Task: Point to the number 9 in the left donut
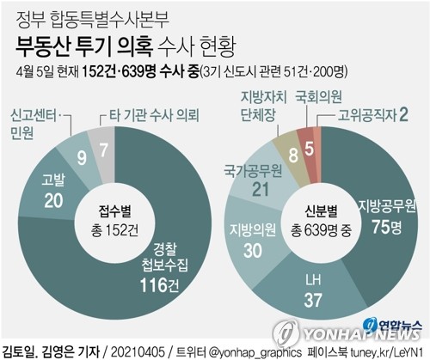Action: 81,156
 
